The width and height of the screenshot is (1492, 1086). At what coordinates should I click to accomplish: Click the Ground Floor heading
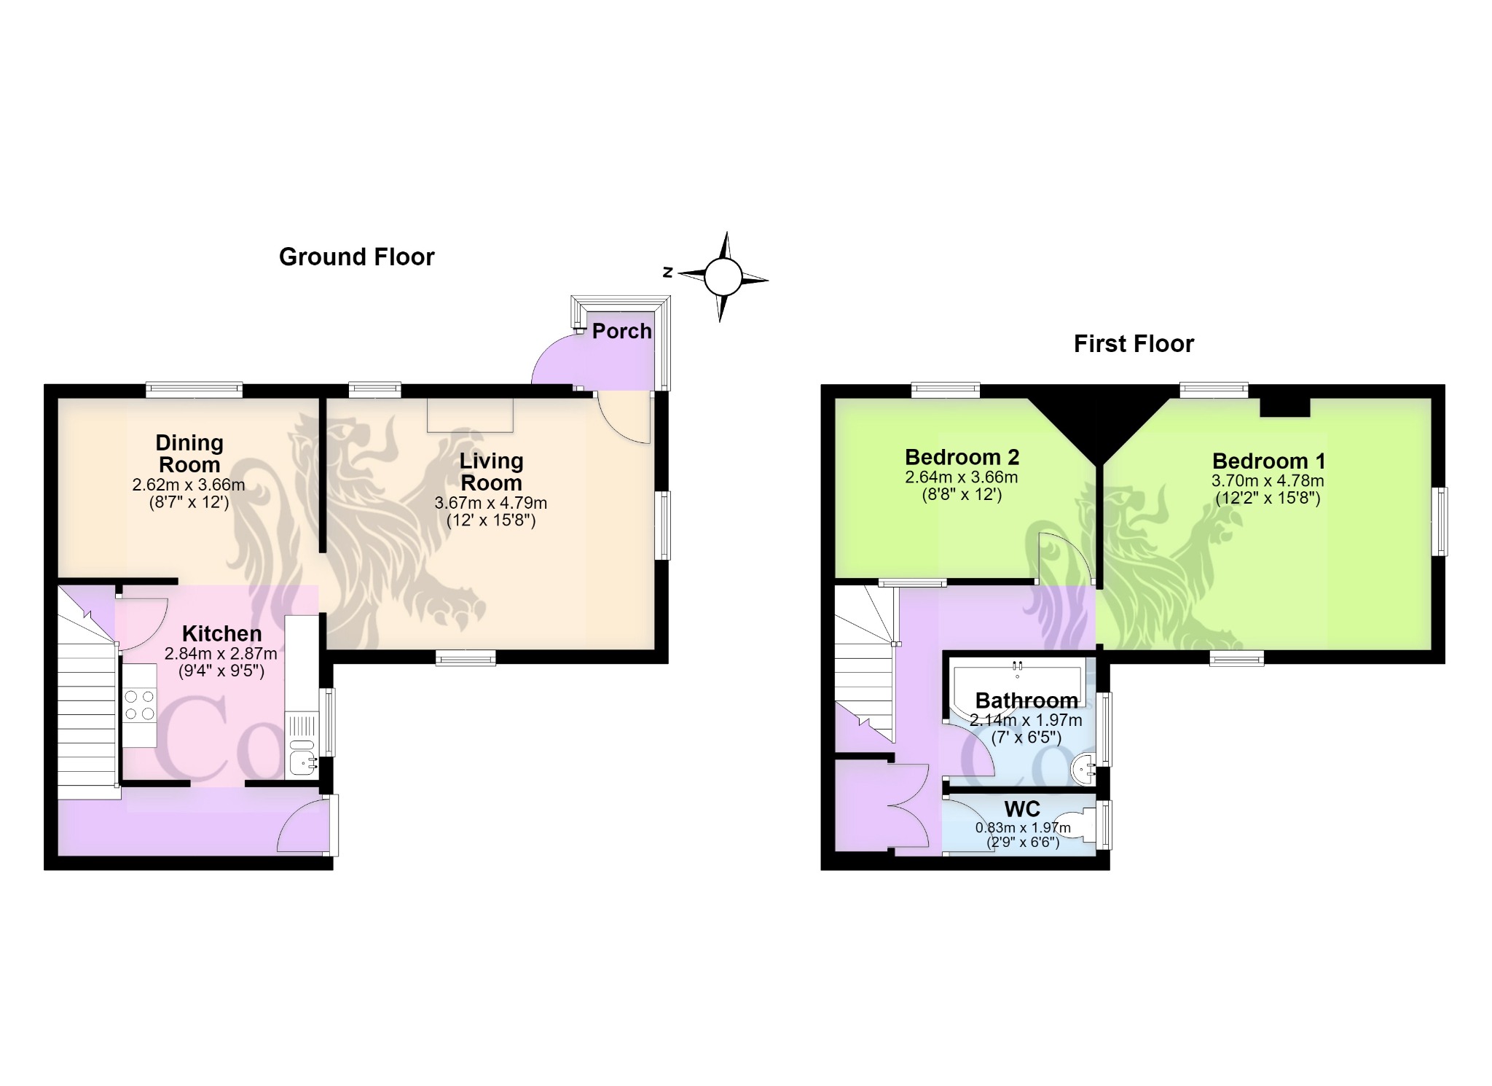[356, 257]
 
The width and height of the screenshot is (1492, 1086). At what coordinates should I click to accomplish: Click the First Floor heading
[1134, 344]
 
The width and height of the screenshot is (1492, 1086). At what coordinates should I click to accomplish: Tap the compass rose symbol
[723, 277]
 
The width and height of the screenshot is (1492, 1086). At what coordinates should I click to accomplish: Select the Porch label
[621, 331]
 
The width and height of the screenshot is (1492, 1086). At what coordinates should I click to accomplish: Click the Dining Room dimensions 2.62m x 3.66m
[189, 485]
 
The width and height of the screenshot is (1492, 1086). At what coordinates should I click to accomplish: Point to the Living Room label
[491, 472]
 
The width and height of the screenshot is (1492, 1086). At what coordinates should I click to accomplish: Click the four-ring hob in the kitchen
[139, 706]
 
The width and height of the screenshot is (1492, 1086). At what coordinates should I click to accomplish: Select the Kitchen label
[221, 633]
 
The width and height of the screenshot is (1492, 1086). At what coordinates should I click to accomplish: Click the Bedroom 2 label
[962, 457]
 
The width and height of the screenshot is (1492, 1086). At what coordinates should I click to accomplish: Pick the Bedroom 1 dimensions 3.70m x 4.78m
[1268, 481]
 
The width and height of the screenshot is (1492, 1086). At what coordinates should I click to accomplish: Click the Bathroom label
[1026, 700]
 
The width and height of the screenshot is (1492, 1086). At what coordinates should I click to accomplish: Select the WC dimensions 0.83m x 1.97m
[1023, 828]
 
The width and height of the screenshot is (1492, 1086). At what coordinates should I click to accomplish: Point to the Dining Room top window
[194, 390]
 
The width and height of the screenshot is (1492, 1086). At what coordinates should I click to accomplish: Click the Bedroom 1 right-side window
[1440, 522]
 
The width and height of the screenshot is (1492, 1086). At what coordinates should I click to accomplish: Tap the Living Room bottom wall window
[466, 657]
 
